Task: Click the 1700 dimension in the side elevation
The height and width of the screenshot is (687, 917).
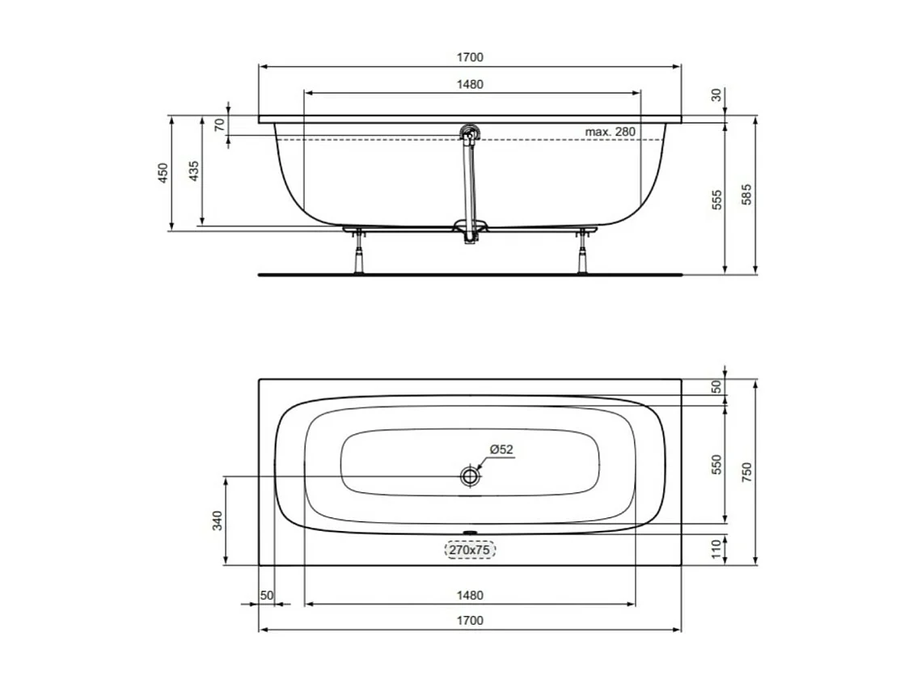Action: tap(469, 57)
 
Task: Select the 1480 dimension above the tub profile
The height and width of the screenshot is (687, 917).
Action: tap(469, 84)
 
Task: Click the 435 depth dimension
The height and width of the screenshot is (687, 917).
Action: tap(193, 171)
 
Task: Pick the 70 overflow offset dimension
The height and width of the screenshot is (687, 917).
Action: tap(218, 124)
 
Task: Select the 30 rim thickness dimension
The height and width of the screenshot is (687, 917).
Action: tap(716, 95)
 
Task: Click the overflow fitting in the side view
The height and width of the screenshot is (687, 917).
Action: tap(468, 133)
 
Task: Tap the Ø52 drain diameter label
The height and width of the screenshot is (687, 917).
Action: tap(501, 450)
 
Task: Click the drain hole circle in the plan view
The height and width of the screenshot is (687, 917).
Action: tap(469, 476)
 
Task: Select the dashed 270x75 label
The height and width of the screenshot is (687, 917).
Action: tap(469, 550)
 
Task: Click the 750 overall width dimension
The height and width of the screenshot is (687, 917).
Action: tap(746, 472)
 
